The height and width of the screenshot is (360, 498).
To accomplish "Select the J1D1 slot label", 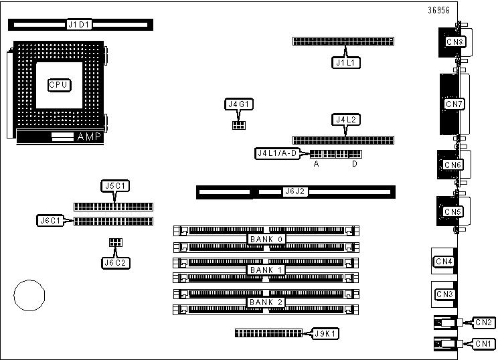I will (80, 25).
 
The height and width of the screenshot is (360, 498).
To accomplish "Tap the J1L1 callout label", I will (345, 63).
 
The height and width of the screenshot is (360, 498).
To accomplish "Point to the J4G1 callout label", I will (238, 104).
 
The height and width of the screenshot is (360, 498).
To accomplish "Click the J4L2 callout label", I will (345, 120).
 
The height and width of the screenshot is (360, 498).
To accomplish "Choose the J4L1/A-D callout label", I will (281, 153).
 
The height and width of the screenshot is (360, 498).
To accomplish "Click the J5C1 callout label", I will (115, 185).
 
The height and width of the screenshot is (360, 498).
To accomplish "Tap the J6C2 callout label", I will (115, 262).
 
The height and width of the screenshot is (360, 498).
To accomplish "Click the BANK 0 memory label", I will (266, 239).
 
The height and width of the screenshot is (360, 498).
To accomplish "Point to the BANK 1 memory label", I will (266, 270).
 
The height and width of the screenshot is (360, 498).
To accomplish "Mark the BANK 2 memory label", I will (266, 302).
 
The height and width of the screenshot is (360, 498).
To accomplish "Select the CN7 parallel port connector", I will (454, 104).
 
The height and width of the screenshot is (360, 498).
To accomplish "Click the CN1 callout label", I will (484, 344).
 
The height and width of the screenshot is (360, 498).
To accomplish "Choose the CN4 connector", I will (444, 261).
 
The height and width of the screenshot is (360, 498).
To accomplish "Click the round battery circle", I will (29, 294).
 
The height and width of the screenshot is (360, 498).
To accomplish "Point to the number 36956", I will (439, 10).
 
